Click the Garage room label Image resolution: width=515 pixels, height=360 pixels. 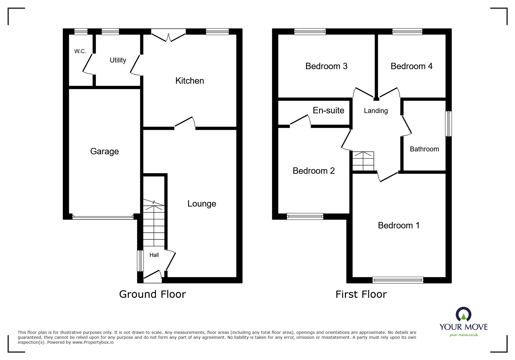104,151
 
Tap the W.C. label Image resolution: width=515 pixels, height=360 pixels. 80,51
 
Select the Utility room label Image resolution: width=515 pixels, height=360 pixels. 118,60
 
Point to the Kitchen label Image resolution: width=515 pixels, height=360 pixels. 190,81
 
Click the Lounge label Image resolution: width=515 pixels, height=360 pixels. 202,204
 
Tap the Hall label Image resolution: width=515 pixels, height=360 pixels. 154,255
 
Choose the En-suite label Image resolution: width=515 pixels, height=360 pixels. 329,110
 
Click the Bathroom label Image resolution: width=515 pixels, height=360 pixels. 424,149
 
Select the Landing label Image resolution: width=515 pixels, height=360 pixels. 376,111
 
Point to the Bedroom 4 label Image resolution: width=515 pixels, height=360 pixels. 411,66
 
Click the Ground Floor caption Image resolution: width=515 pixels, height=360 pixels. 152,294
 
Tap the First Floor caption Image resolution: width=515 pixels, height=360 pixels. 361,294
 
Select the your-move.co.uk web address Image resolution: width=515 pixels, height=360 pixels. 464,335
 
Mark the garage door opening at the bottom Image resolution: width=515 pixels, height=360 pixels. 103,217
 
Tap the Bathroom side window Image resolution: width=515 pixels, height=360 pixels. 449,124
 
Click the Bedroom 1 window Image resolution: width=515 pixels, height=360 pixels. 398,280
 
